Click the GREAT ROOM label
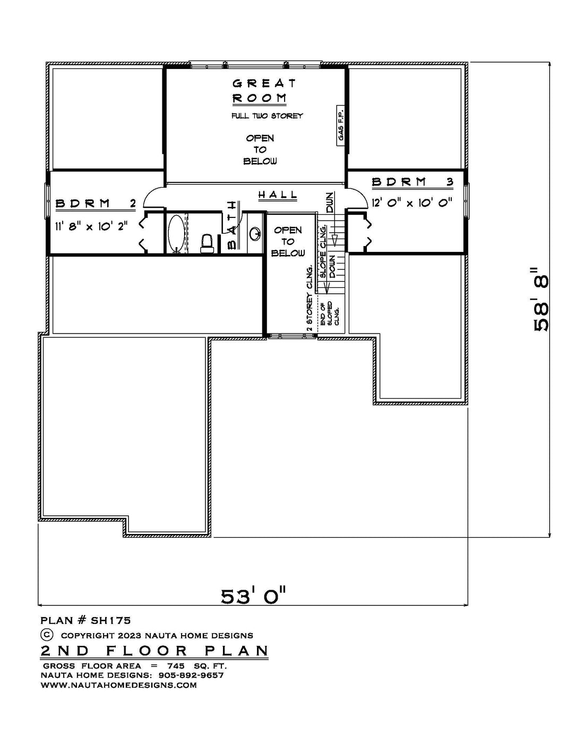pyautogui.click(x=264, y=91)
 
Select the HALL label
pyautogui.click(x=278, y=195)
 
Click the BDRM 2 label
pyautogui.click(x=96, y=203)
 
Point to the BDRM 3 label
pyautogui.click(x=413, y=182)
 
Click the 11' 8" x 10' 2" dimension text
pyautogui.click(x=91, y=226)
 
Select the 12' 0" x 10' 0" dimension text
pyautogui.click(x=412, y=202)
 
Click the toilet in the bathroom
pyautogui.click(x=207, y=243)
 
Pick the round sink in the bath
pyautogui.click(x=255, y=233)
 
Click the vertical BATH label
pyautogui.click(x=233, y=225)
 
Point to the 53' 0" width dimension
pyautogui.click(x=253, y=596)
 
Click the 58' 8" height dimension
pyautogui.click(x=541, y=299)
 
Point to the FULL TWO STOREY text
pyautogui.click(x=267, y=116)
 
